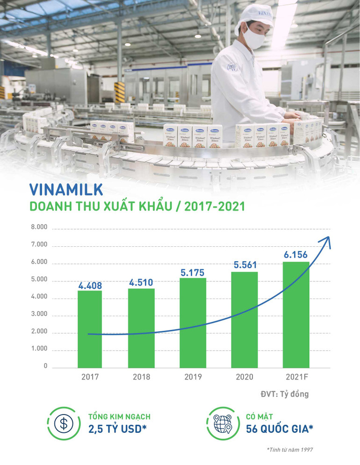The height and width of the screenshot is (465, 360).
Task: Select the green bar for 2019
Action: (194, 322)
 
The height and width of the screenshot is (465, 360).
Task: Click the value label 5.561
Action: (245, 265)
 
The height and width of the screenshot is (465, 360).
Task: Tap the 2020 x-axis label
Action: (245, 377)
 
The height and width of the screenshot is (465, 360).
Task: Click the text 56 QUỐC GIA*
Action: (279, 429)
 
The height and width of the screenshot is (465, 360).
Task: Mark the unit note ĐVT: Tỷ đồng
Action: (284, 394)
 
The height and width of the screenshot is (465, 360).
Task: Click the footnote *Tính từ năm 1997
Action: (289, 450)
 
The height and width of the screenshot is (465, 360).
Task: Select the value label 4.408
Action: (90, 285)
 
